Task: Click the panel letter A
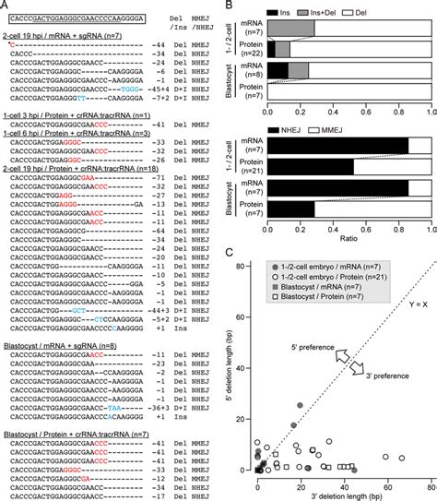[6, 5]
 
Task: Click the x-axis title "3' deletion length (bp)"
[346, 494]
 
